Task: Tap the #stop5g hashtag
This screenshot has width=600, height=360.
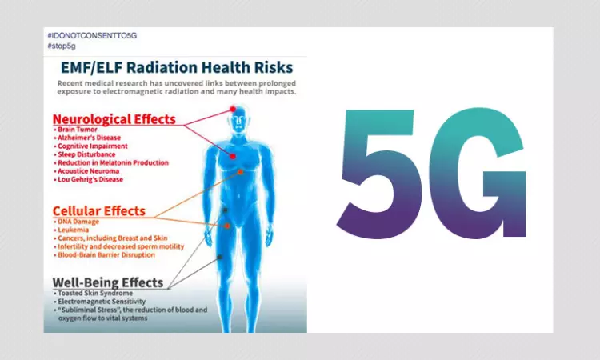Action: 60,47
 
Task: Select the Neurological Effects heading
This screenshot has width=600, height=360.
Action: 114,119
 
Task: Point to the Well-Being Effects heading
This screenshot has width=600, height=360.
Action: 107,282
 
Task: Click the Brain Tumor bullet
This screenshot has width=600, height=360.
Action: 78,130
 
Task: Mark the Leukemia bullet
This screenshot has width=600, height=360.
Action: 73,230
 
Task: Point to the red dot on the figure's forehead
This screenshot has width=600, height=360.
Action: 233,108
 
